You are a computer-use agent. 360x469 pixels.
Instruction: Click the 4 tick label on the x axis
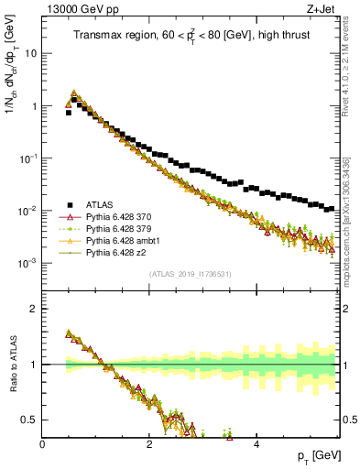(256, 442)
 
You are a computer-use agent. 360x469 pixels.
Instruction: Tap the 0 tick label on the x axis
(42, 442)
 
